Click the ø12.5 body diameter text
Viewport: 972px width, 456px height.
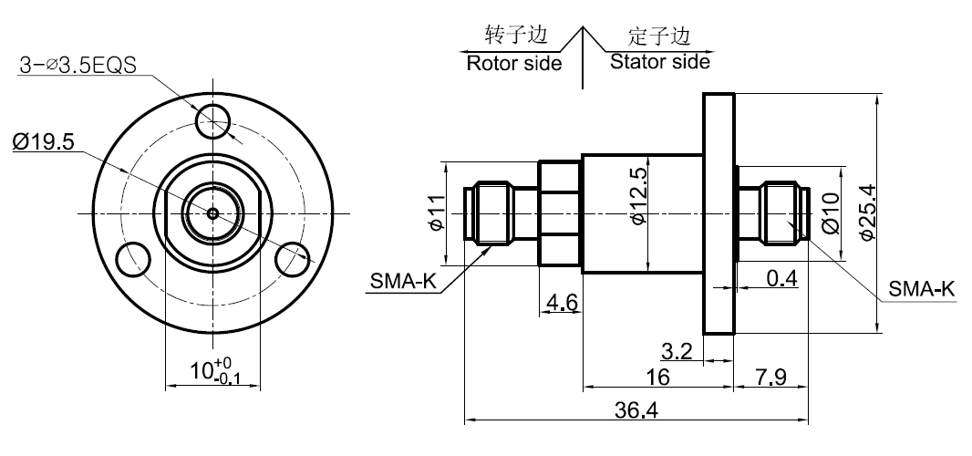tap(637, 196)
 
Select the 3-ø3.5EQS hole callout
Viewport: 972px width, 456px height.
tap(78, 66)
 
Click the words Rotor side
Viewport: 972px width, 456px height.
tap(513, 64)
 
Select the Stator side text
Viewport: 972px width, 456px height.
tap(658, 62)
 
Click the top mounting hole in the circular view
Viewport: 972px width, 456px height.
tap(215, 119)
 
